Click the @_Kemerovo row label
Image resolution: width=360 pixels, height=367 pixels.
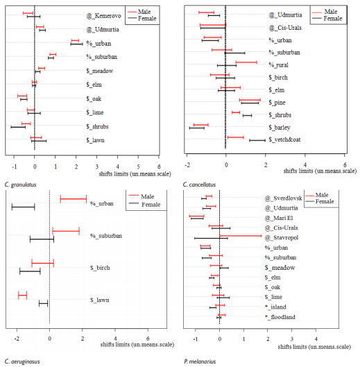pos(103,16)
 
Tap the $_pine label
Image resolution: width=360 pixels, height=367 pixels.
pos(277,103)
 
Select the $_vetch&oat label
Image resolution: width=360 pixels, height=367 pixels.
pos(284,139)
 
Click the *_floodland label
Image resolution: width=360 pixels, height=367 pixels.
pos(280,317)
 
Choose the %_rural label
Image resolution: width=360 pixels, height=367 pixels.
pos(279,65)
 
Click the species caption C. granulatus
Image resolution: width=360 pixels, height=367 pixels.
pos(20,185)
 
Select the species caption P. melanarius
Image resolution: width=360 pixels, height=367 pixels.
pos(200,361)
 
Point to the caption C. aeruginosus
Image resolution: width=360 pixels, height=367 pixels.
pos(22,361)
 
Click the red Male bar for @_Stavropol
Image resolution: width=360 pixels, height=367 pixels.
pos(241,236)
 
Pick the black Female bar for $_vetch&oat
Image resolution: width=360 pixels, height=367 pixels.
pos(257,140)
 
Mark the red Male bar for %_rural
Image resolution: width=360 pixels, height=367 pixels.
pos(246,62)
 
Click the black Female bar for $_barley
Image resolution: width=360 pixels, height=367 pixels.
pos(196,128)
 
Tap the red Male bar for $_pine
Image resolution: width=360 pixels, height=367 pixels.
pos(250,100)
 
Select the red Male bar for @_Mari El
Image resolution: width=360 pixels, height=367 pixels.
pos(196,216)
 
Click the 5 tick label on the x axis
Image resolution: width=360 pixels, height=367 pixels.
pos(138,167)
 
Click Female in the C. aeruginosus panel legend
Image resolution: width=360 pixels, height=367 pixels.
pos(151,205)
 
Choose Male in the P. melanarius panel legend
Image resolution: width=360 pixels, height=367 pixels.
pos(322,195)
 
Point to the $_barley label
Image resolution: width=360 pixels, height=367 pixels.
pos(280,128)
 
